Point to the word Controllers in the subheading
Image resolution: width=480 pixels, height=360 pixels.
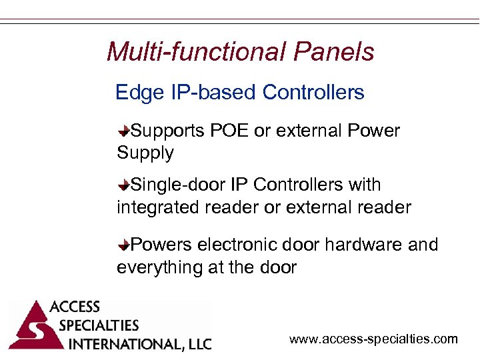tap(313, 92)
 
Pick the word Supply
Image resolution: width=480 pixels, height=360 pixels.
tap(145, 153)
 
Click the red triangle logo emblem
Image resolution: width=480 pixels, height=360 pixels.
tap(29, 327)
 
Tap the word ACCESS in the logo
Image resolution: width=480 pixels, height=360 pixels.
tap(75, 307)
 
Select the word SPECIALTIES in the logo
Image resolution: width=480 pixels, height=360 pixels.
tap(99, 326)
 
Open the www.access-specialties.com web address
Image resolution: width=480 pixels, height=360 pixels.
tap(373, 339)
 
